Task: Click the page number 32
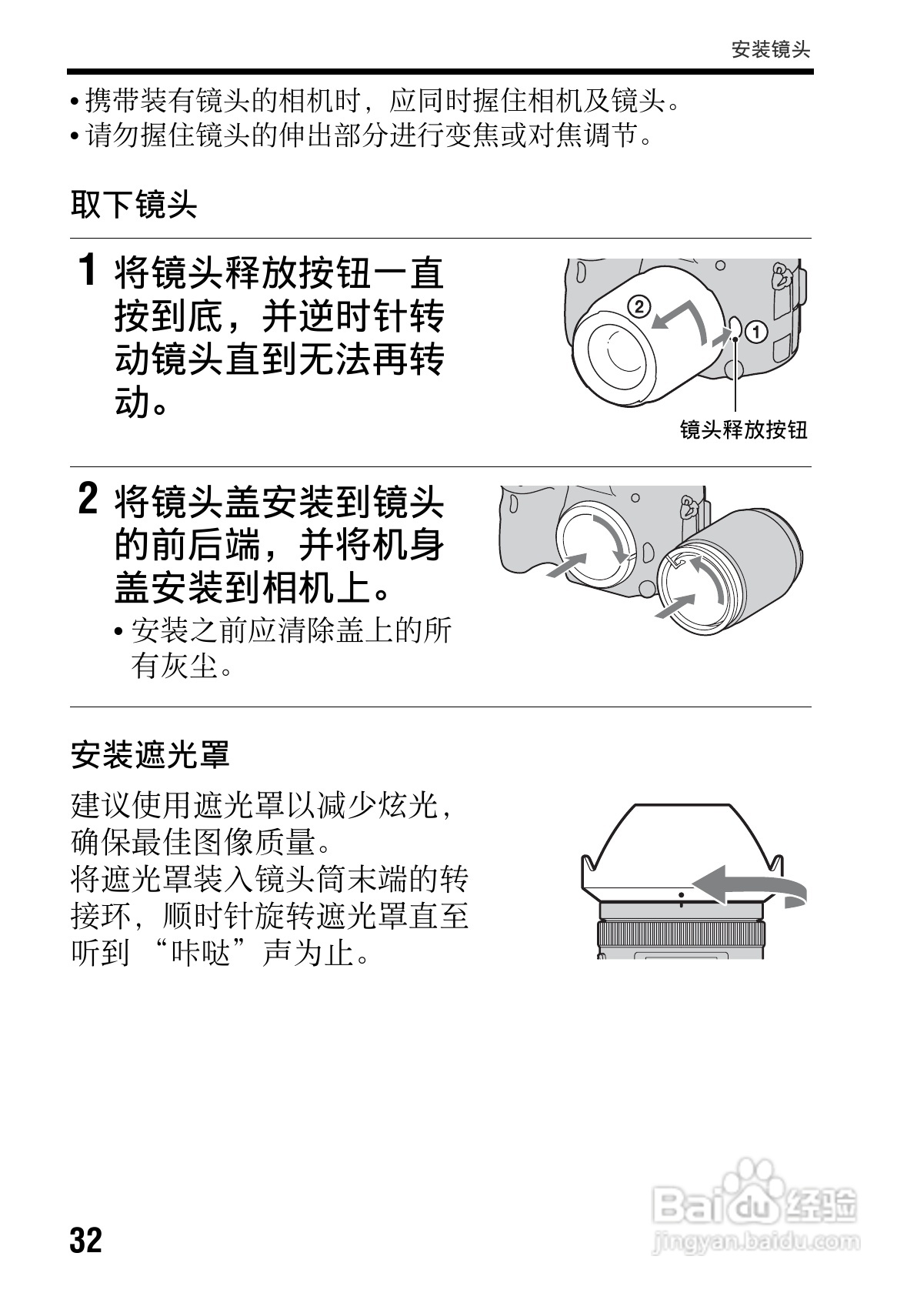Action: (86, 1240)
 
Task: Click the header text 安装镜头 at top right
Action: (771, 50)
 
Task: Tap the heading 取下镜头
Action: (135, 205)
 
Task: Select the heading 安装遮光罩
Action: (151, 755)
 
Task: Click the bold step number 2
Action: (88, 499)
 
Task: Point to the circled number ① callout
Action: (757, 332)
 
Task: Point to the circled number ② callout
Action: (638, 306)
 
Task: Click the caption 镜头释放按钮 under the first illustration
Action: (743, 429)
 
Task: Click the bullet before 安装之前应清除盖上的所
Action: (118, 633)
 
